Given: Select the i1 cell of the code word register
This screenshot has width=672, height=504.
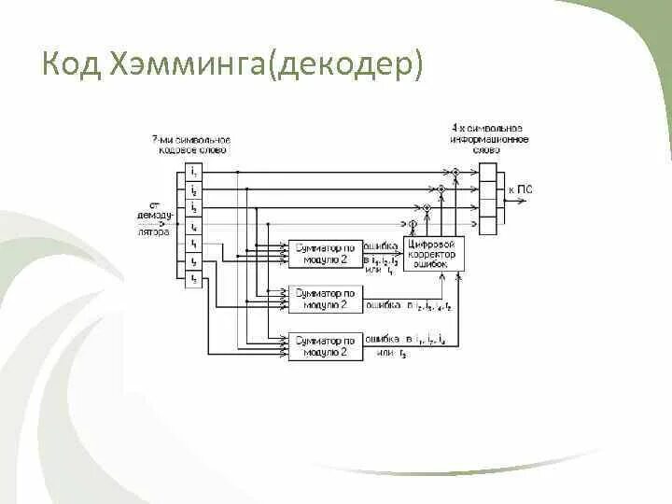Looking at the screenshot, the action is tap(193, 173).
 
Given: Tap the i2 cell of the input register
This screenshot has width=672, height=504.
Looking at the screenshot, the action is tap(193, 190).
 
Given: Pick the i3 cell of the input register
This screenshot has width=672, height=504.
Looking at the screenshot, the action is tap(193, 208).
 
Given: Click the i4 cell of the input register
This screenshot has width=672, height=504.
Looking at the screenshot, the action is tap(193, 226).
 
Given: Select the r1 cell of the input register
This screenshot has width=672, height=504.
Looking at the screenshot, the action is tap(193, 244).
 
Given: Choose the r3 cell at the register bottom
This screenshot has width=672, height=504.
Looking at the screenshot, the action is tap(193, 279).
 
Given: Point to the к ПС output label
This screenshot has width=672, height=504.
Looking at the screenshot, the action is tap(520, 190).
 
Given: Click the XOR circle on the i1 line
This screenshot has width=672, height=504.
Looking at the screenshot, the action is tap(456, 173).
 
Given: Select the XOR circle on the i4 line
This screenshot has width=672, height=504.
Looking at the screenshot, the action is tap(412, 225).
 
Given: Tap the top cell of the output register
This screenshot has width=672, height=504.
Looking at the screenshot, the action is tap(487, 173).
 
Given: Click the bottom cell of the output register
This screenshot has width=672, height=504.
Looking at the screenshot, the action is tap(487, 225).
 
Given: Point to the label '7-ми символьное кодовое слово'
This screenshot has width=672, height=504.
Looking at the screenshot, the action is tap(191, 146).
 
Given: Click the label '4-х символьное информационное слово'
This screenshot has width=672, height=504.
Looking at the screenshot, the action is tap(487, 138).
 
